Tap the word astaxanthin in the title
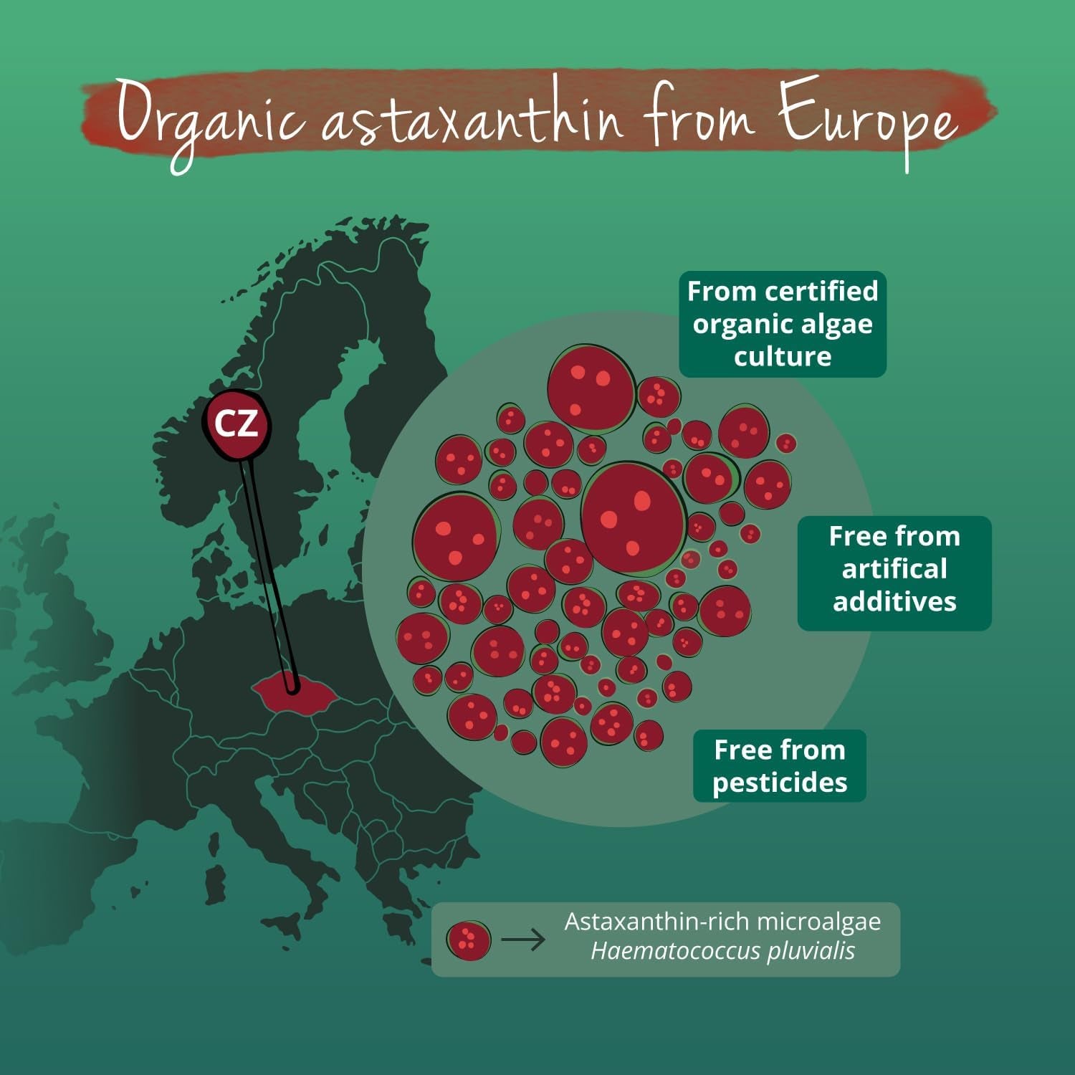pyautogui.click(x=473, y=118)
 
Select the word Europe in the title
pyautogui.click(x=867, y=118)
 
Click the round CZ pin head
pyautogui.click(x=236, y=424)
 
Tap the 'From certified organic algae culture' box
pyautogui.click(x=783, y=324)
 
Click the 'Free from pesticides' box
pyautogui.click(x=780, y=766)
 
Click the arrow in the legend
pyautogui.click(x=523, y=940)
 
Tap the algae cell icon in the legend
pyautogui.click(x=469, y=940)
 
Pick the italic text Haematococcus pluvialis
pyautogui.click(x=722, y=952)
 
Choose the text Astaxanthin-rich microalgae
pyautogui.click(x=722, y=922)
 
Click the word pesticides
pyautogui.click(x=780, y=783)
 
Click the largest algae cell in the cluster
pyautogui.click(x=632, y=517)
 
